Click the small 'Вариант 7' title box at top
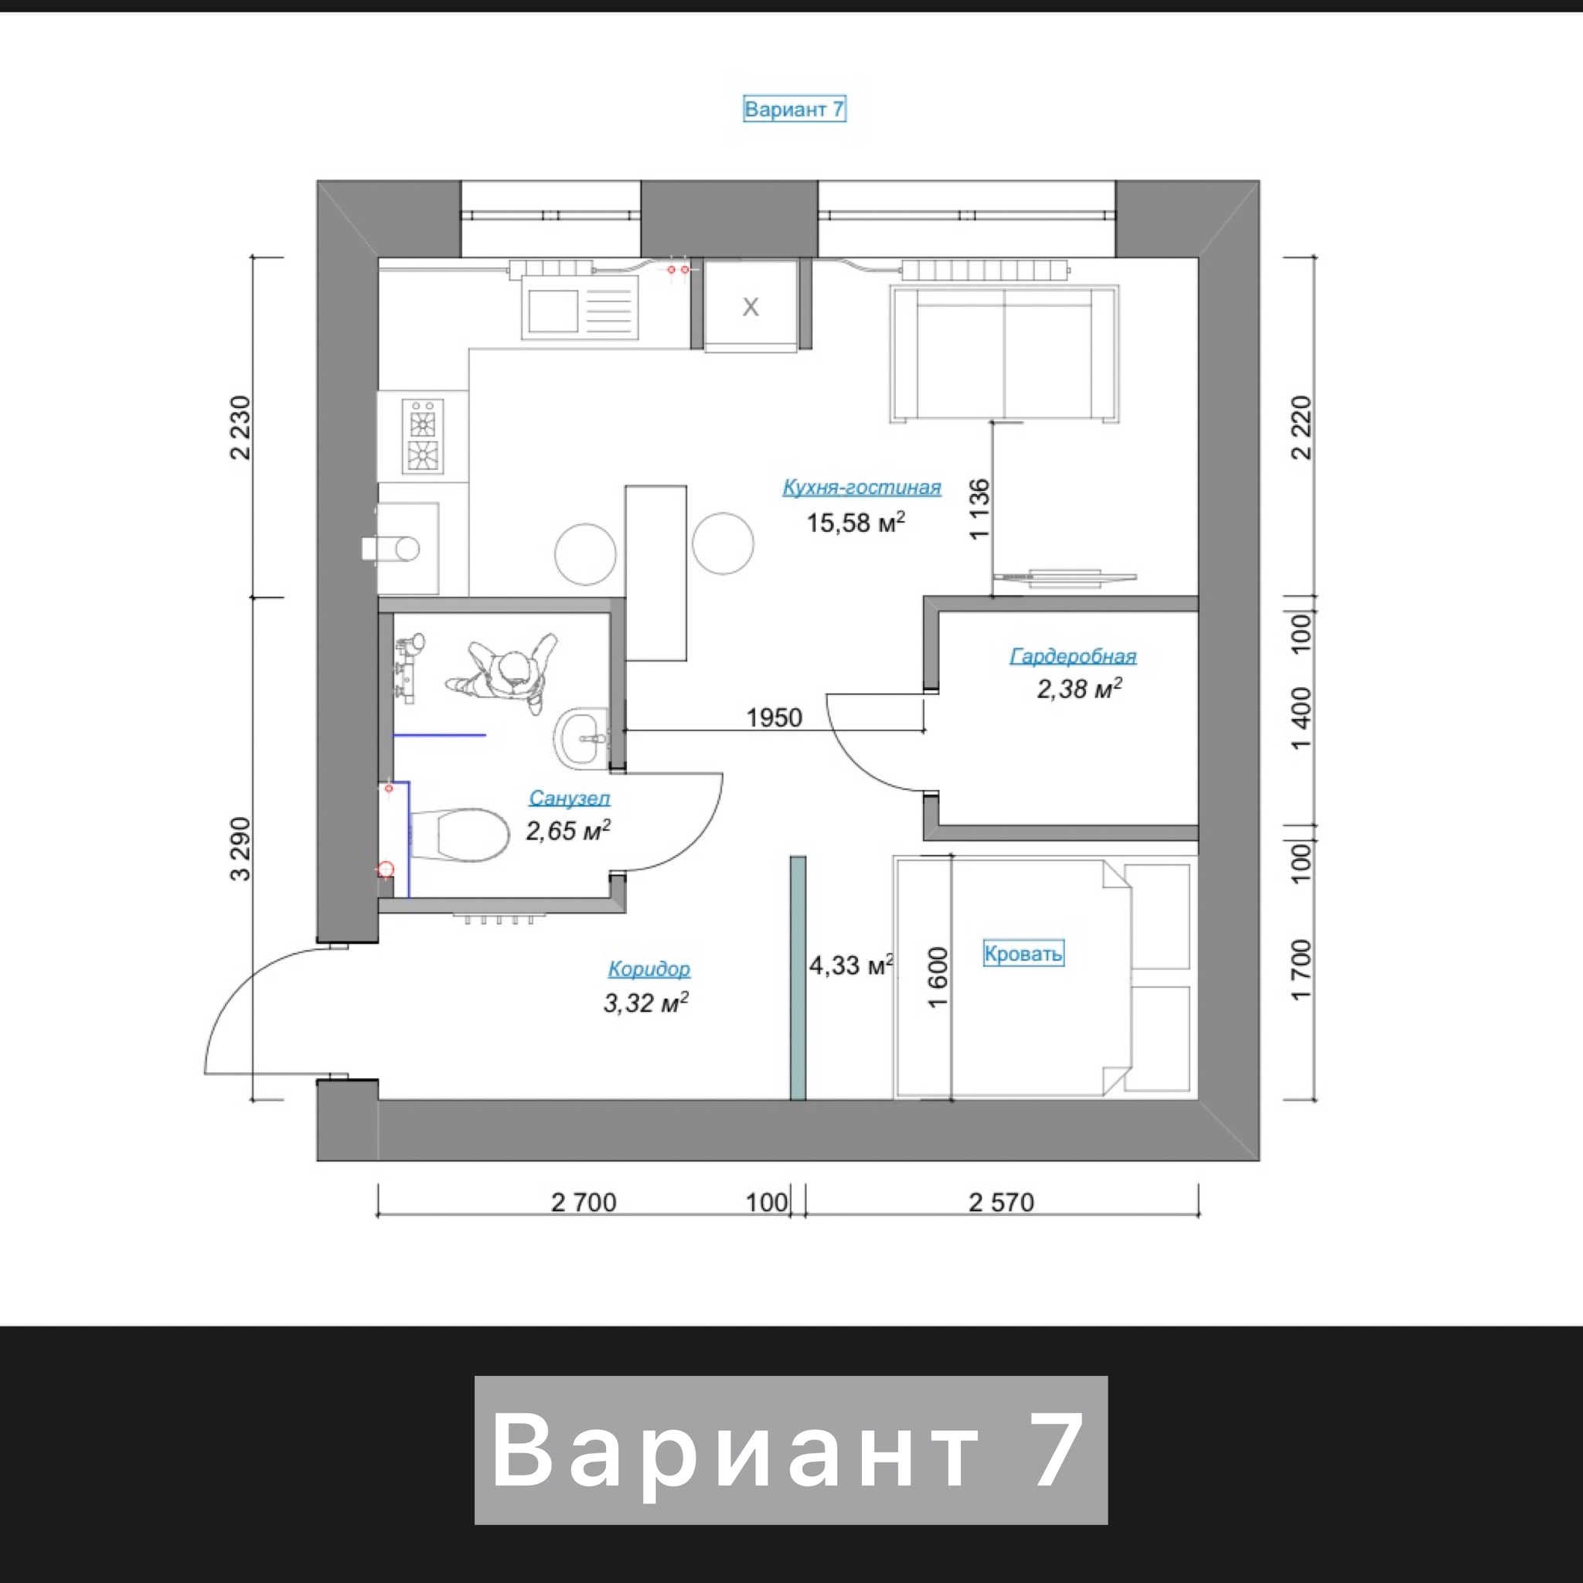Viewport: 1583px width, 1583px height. pos(794,109)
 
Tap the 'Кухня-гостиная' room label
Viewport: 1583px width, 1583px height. pos(861,488)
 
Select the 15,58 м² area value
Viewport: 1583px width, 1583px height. pos(856,522)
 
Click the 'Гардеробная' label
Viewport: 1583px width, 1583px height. pos(1073,656)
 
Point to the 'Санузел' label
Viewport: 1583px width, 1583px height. pos(570,797)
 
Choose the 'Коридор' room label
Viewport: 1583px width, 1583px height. pos(649,969)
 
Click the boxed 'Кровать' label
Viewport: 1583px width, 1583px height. pos(1023,953)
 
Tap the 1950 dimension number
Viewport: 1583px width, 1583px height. pos(774,718)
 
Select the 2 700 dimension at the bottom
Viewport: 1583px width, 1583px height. pos(584,1202)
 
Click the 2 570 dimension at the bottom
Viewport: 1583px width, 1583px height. pos(1001,1202)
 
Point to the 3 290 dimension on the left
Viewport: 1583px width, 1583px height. pos(241,849)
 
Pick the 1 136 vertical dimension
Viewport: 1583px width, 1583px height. pos(979,509)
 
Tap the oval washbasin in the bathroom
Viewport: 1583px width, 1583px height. pos(582,738)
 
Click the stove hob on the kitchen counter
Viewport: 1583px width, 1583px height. pos(423,436)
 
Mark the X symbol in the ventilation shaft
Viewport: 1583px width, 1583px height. pos(751,308)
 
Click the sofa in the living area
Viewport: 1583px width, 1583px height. pos(1005,354)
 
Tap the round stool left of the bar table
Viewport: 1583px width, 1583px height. pos(585,554)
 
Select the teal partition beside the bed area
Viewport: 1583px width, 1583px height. pos(797,978)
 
